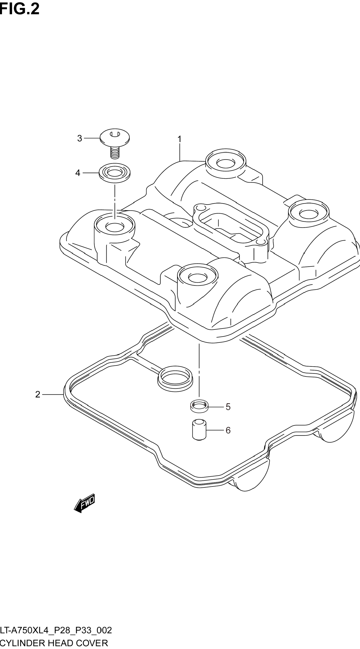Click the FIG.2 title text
20,9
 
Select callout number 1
180,139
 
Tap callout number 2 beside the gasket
38,394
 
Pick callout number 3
80,138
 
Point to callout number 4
78,173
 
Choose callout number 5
228,407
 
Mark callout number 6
228,430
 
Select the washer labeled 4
115,173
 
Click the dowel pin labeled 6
199,430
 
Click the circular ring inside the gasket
175,379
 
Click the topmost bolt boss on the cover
226,163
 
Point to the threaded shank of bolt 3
115,153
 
